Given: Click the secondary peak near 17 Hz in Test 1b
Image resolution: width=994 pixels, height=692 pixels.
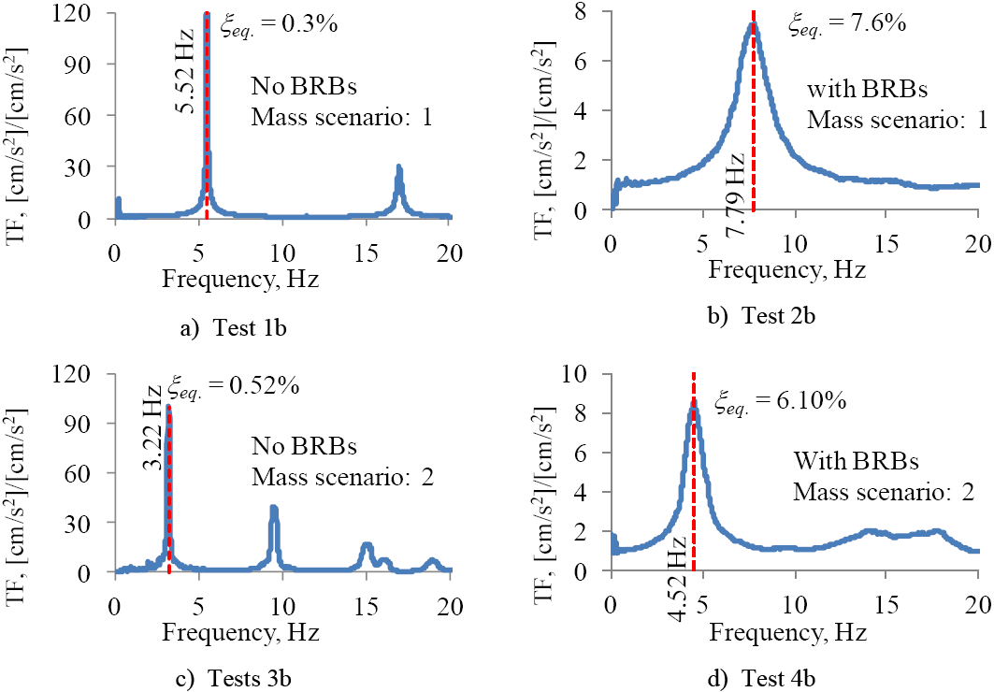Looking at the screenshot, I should (x=399, y=169).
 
